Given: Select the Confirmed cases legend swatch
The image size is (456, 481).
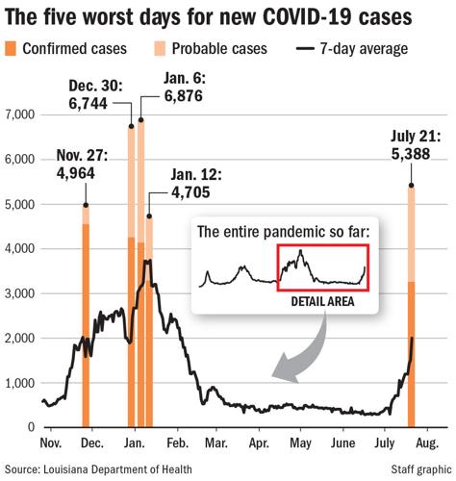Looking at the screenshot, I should (12, 48).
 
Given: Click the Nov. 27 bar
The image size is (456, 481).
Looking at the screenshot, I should (87, 317).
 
